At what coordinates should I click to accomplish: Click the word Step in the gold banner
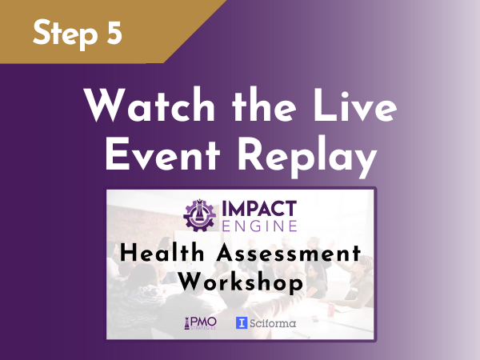65,34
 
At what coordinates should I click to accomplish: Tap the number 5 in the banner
114,32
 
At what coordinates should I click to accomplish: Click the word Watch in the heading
150,105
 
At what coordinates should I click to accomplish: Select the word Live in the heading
354,105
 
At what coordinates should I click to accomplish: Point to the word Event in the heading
162,154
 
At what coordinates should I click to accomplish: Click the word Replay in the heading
307,157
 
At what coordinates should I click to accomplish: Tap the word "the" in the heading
264,105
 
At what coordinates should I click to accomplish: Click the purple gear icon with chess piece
199,215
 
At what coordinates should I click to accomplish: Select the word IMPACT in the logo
259,209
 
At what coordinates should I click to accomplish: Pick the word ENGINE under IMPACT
259,226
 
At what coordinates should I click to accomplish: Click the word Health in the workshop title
162,253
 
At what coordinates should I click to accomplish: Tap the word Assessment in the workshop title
289,253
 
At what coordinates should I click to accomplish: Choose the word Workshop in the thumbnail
241,282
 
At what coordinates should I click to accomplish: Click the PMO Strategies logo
200,323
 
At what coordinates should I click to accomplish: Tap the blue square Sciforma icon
242,323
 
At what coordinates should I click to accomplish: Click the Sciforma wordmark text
273,323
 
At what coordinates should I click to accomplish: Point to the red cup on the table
330,309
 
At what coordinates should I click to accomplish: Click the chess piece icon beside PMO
186,323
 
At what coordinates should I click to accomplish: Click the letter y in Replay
366,162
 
